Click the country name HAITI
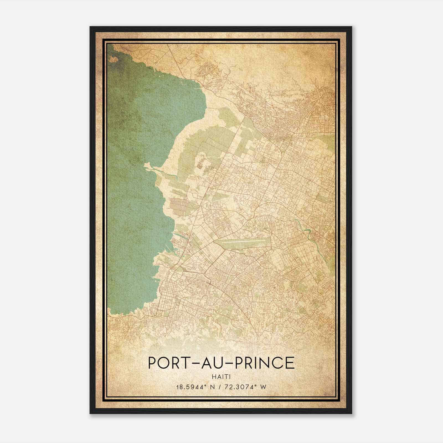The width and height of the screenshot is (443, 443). pyautogui.click(x=221, y=377)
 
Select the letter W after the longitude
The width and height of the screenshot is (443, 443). pyautogui.click(x=263, y=387)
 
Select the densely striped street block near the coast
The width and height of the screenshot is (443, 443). pyautogui.click(x=180, y=205)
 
